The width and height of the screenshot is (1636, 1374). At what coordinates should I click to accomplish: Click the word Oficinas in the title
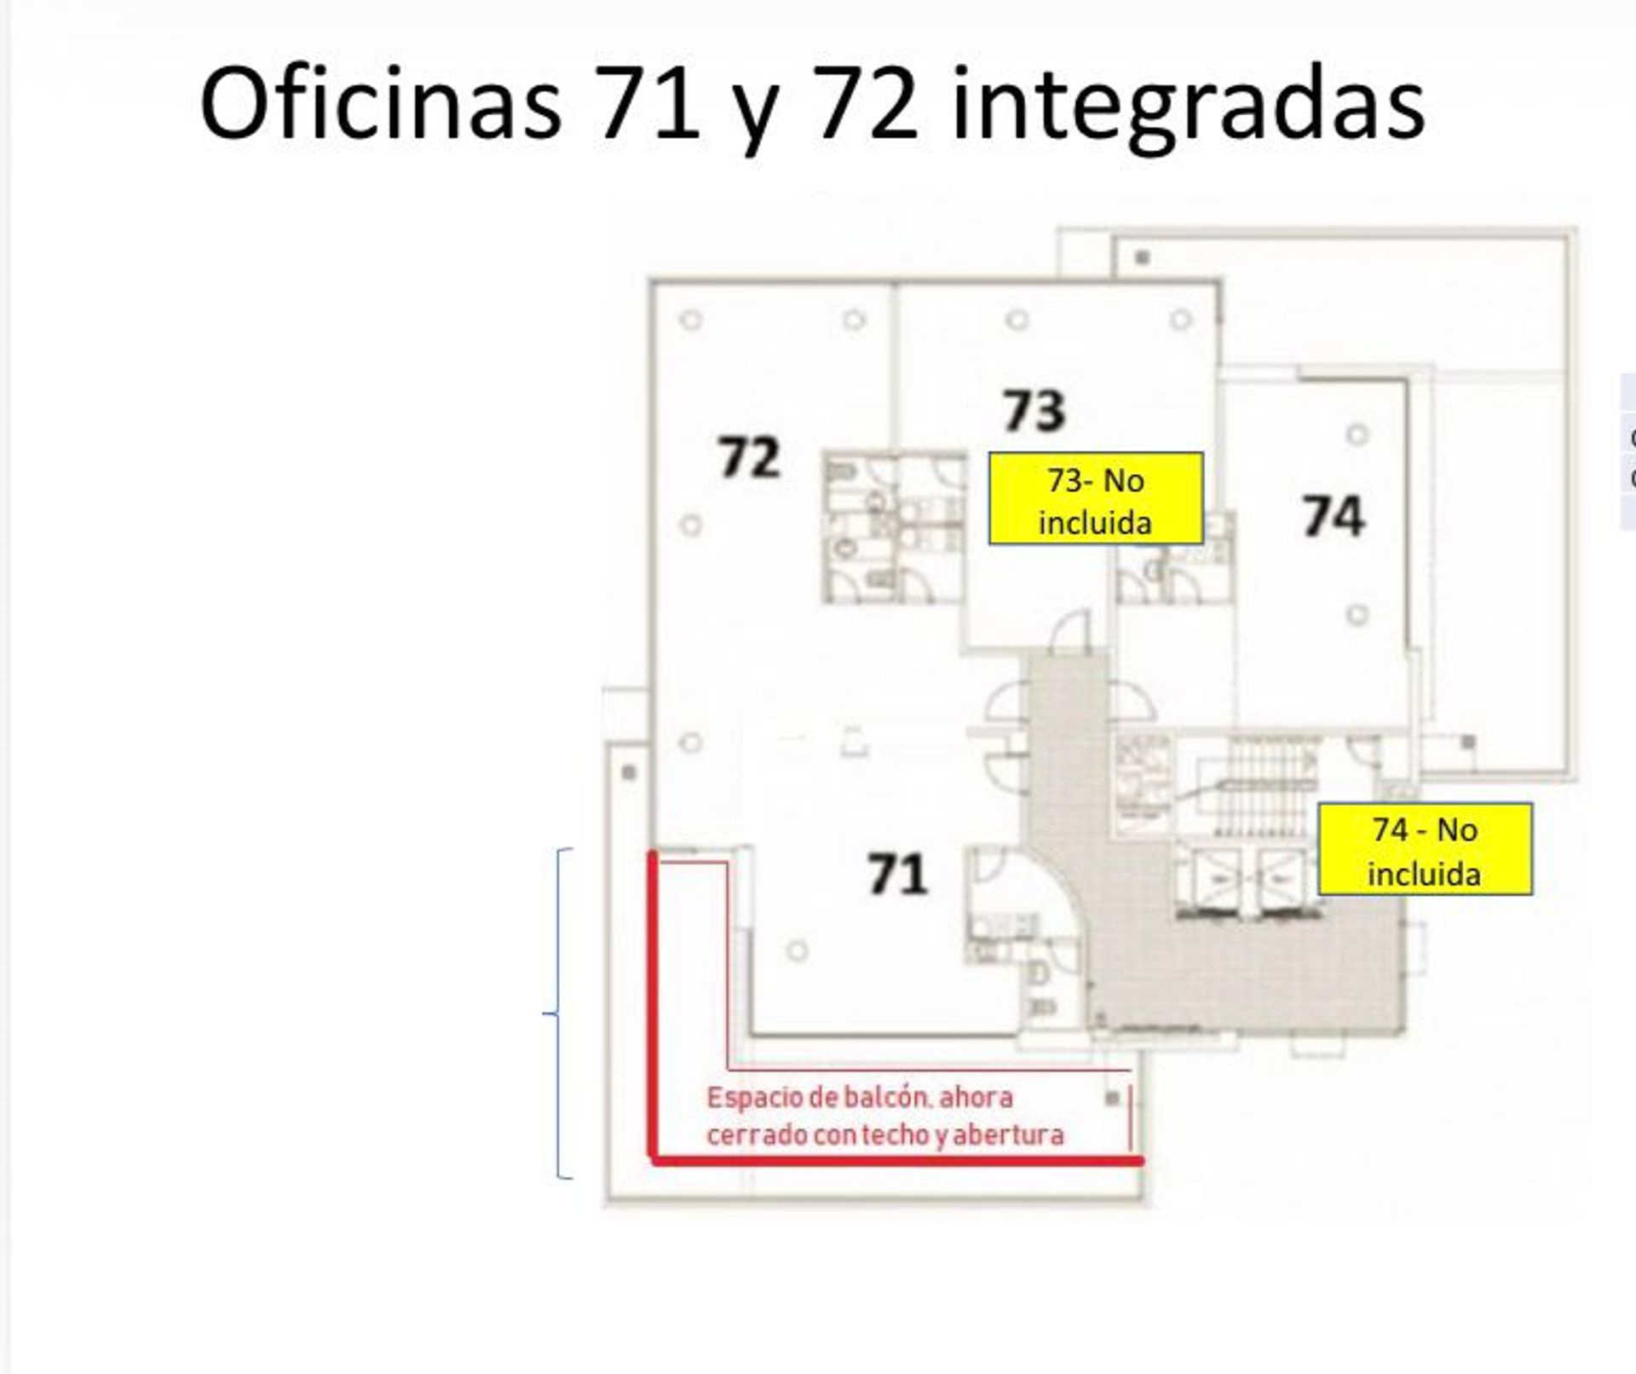[380, 102]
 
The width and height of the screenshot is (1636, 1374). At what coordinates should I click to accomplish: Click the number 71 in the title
[648, 103]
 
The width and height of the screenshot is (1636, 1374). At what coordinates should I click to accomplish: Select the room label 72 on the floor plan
[749, 457]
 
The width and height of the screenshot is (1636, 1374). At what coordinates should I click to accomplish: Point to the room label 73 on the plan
[1034, 411]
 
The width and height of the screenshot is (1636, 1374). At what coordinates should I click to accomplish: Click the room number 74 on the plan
[1334, 516]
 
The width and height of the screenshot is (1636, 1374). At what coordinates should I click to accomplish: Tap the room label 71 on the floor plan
[897, 875]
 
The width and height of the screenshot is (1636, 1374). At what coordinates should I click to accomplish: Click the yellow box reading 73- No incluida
[1096, 499]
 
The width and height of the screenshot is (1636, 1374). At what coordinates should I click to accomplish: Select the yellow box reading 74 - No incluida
[1425, 849]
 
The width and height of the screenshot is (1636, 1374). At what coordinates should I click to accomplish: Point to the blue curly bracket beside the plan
[558, 1013]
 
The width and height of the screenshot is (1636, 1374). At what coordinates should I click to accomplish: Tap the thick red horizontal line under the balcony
[896, 1160]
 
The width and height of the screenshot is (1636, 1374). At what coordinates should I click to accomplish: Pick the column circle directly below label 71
[798, 950]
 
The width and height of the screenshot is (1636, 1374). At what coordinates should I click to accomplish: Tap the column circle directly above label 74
[1357, 435]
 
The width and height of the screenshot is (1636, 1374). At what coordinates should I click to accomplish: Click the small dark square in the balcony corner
[1112, 1099]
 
